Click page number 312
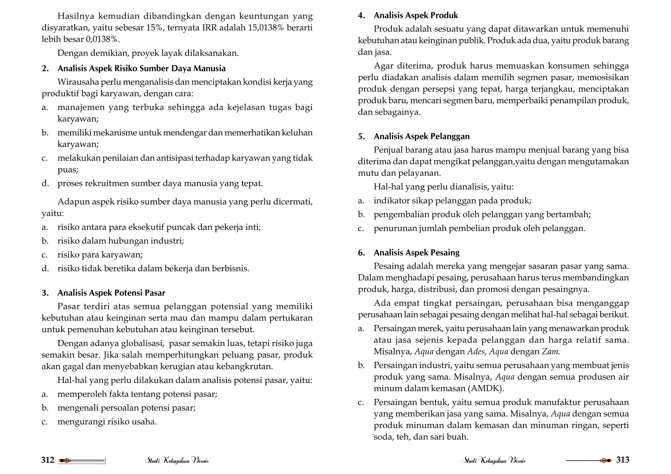coord(48,460)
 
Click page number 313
coord(623,460)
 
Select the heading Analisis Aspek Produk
coord(416,15)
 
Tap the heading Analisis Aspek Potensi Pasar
coord(111,293)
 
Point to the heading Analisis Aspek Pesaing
coord(416,252)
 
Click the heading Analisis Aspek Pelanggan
coord(421,136)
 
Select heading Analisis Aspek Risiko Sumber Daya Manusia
coord(142,68)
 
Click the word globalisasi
coord(143,343)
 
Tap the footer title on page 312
coord(177,461)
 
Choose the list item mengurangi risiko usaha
coord(107,422)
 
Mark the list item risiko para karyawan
coord(100,255)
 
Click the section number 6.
coord(361,253)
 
